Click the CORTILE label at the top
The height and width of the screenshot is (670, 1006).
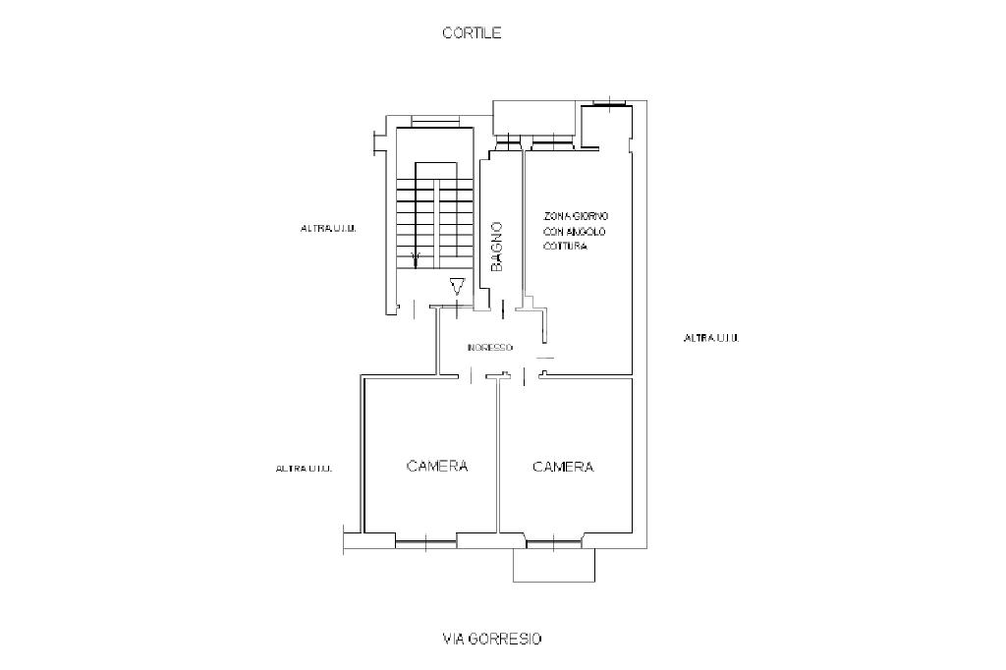[x=472, y=32]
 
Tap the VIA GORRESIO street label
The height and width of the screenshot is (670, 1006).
[x=491, y=639]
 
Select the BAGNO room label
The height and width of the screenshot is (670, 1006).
[x=497, y=246]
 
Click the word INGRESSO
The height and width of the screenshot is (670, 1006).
[x=489, y=347]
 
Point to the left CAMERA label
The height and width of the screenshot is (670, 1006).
[x=436, y=466]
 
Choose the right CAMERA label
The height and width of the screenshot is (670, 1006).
[x=563, y=467]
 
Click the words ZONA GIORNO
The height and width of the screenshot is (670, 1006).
[x=577, y=216]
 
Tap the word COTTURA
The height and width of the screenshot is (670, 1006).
[x=565, y=247]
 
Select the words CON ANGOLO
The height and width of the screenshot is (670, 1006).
[x=575, y=232]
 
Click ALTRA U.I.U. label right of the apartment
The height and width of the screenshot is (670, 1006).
[x=710, y=338]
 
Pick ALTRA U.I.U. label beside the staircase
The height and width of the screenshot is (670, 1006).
[x=327, y=229]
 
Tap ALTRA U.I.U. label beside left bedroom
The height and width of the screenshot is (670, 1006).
[x=304, y=469]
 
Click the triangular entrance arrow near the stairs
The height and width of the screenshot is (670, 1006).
[x=457, y=288]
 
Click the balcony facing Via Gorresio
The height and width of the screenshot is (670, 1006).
[x=554, y=564]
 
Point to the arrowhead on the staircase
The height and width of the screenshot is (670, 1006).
[x=416, y=257]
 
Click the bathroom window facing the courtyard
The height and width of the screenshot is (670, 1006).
[x=509, y=144]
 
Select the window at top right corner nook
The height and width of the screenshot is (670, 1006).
[x=610, y=101]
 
